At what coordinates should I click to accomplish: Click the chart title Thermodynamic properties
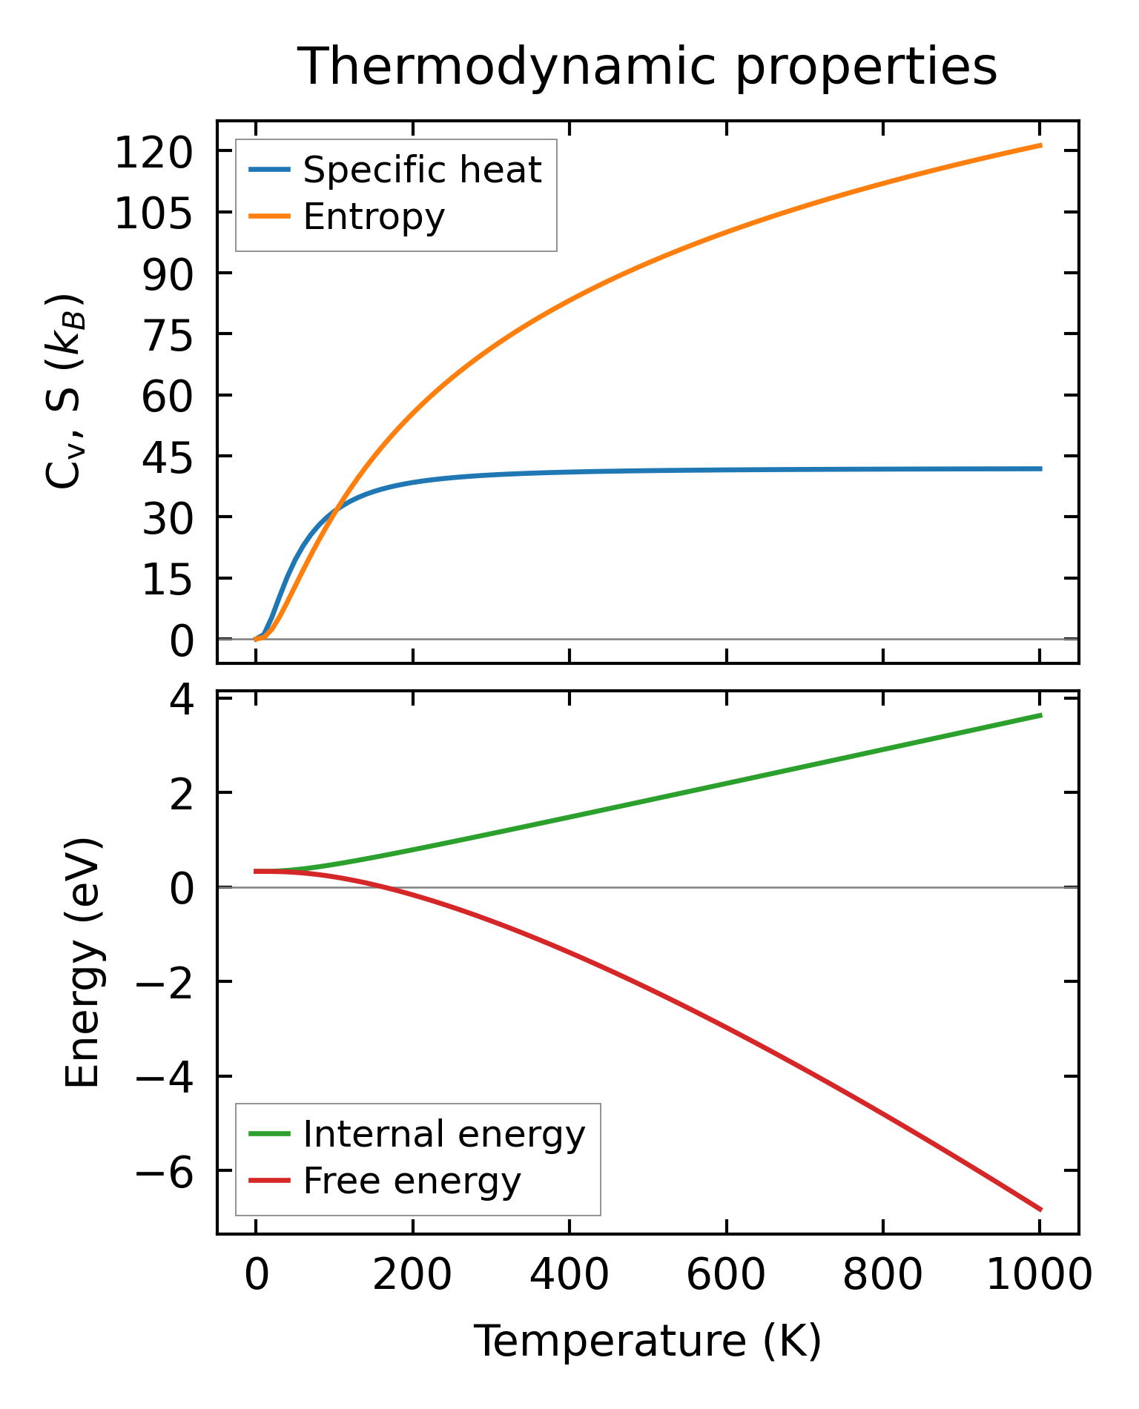pyautogui.click(x=647, y=67)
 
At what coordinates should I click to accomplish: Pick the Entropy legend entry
pyautogui.click(x=374, y=216)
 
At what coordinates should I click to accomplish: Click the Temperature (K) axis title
pyautogui.click(x=647, y=1341)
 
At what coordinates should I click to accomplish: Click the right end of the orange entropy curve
pyautogui.click(x=1041, y=145)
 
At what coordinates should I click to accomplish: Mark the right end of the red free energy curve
pyautogui.click(x=1041, y=1210)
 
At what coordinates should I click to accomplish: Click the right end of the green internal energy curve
pyautogui.click(x=1041, y=715)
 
